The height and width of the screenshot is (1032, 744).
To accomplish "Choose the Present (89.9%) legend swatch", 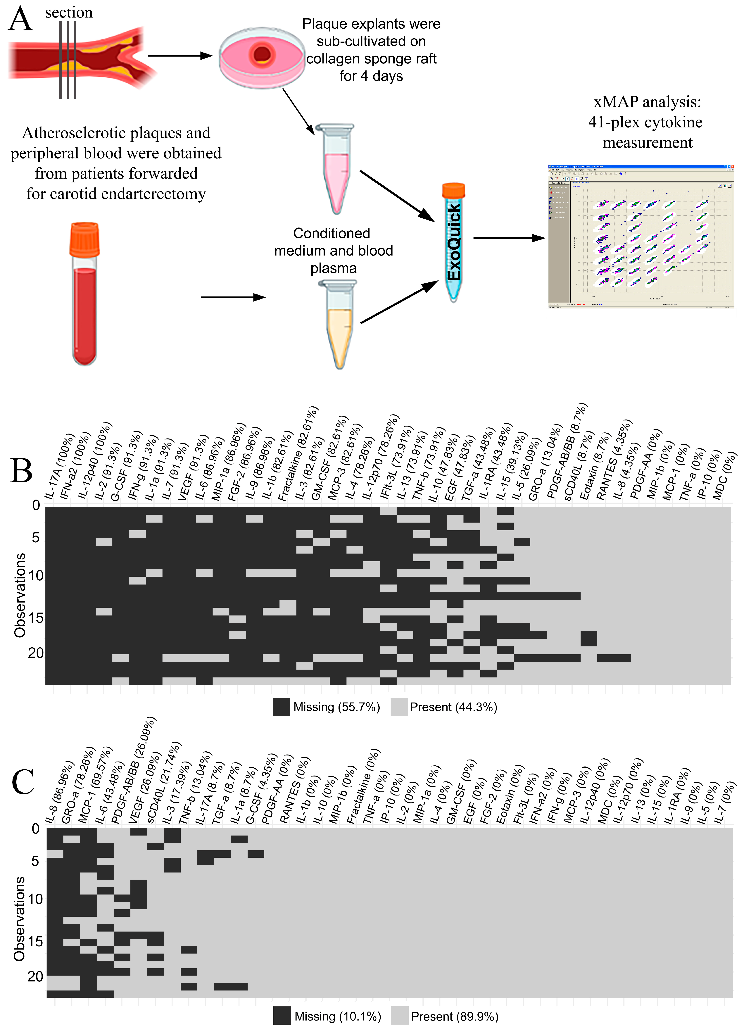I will coord(400,1016).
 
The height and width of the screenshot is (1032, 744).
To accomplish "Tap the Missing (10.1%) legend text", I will coord(338,1016).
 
